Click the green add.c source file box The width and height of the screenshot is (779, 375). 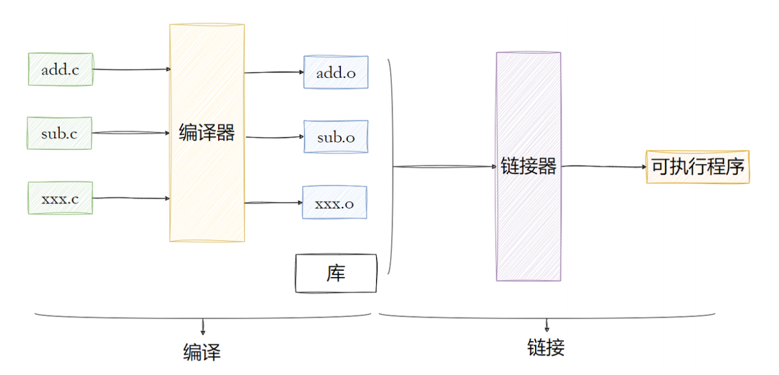[x=60, y=69]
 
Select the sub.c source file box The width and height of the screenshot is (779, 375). [x=59, y=133]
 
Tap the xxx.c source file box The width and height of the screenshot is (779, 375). [x=60, y=198]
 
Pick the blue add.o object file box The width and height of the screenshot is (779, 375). [x=336, y=73]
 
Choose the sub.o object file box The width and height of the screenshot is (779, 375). [x=336, y=137]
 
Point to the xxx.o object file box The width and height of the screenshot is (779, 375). [x=334, y=203]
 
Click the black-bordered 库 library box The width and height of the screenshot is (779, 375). [x=336, y=273]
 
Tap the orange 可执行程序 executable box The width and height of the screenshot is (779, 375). [x=697, y=167]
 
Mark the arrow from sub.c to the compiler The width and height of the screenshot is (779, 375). [x=130, y=133]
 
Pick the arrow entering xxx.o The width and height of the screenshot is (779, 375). [x=273, y=203]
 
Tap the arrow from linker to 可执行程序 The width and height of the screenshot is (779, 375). [x=603, y=166]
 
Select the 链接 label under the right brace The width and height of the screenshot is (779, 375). [x=546, y=347]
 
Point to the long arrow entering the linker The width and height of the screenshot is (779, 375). [x=444, y=167]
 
